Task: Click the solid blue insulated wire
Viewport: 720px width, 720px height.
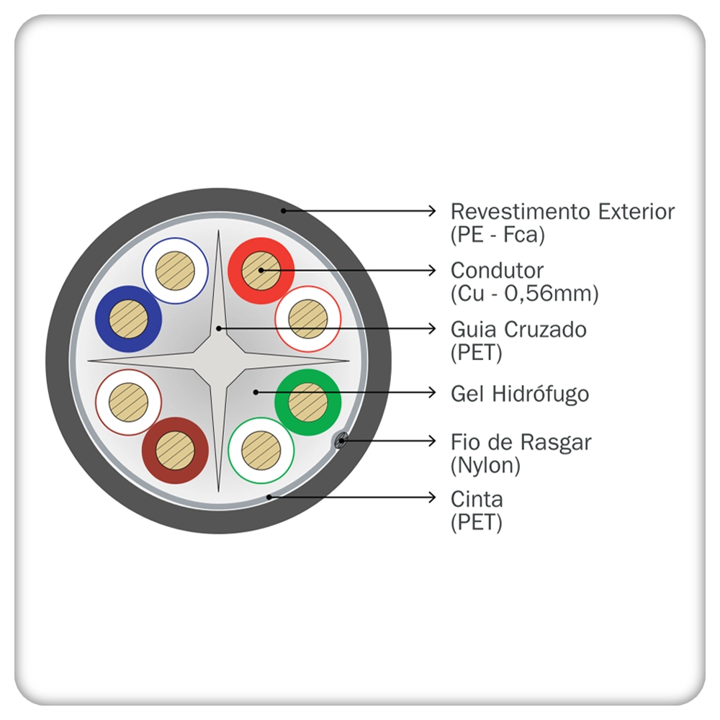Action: coord(128,318)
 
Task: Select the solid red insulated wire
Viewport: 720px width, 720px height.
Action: coord(261,271)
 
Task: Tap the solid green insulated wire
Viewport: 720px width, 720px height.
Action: coord(308,402)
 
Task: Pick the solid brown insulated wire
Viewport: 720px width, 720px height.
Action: coord(176,451)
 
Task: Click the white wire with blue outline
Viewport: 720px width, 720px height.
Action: coord(175,271)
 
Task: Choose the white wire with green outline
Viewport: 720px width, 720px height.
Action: coord(261,451)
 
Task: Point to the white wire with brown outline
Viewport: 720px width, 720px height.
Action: coord(128,402)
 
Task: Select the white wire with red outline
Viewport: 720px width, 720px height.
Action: coord(308,318)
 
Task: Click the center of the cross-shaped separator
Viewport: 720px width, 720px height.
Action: coord(218,359)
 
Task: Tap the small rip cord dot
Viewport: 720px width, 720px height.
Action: coord(341,440)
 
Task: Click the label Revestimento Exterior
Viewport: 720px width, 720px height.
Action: coord(562,212)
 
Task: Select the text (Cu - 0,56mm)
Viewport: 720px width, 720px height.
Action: coord(524,294)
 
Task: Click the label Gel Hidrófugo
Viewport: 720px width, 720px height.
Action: coord(520,394)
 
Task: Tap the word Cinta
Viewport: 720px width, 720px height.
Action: coord(477,499)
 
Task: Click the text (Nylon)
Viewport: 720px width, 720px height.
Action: coord(485,466)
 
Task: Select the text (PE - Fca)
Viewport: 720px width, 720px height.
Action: coord(498,235)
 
